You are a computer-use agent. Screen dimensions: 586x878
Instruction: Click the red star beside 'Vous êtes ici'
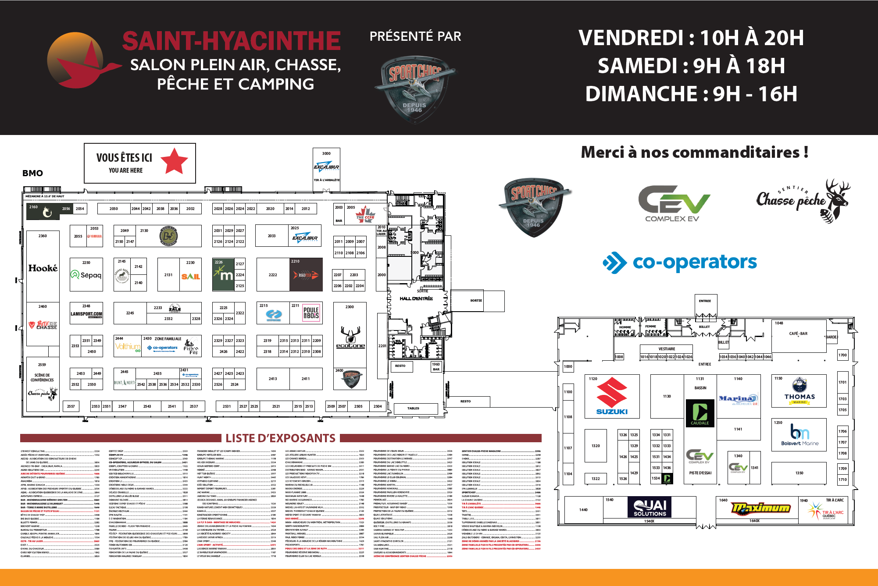coord(174,161)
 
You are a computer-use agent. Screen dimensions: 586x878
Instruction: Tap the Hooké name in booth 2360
coord(43,268)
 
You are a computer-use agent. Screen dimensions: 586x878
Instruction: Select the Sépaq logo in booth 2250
coord(86,275)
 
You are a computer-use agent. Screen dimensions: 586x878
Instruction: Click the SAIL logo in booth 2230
coord(191,277)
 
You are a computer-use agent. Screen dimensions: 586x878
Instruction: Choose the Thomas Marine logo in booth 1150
coord(799,391)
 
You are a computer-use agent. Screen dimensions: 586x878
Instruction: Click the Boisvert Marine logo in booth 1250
coord(799,434)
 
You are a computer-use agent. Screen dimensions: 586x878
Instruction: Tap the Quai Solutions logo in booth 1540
coord(650,508)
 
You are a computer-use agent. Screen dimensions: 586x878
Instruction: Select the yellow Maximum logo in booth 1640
coord(761,508)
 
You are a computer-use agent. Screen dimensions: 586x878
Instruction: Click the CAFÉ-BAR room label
coord(798,334)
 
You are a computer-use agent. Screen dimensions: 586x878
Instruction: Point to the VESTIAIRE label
coord(667,349)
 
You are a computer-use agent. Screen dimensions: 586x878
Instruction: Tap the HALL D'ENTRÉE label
coord(416,298)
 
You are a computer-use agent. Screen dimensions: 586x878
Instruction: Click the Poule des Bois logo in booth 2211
coord(311,313)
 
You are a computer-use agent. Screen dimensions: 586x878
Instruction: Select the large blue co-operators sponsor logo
coord(680,262)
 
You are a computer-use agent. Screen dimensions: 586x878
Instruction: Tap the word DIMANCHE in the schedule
coord(641,94)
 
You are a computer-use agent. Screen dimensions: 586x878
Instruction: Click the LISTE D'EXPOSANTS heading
coord(280,438)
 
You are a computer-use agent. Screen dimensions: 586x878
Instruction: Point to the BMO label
coord(32,173)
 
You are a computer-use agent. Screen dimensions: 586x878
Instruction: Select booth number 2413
coord(273,379)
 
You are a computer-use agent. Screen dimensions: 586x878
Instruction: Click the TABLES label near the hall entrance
coord(413,408)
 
